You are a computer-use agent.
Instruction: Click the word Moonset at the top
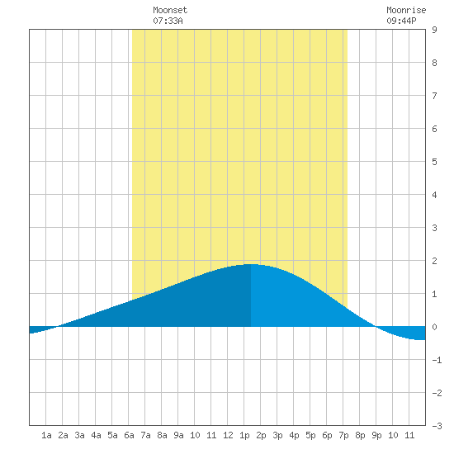pyautogui.click(x=170, y=10)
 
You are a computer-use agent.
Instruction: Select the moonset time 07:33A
pyautogui.click(x=168, y=21)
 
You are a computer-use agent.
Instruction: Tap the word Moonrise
pyautogui.click(x=406, y=10)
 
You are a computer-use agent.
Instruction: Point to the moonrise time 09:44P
pyautogui.click(x=402, y=21)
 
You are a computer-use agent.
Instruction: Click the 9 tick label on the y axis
pyautogui.click(x=434, y=30)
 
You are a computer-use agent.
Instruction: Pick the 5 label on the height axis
pyautogui.click(x=434, y=162)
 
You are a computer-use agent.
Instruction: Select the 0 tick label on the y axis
pyautogui.click(x=434, y=327)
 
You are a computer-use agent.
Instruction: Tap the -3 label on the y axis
pyautogui.click(x=437, y=426)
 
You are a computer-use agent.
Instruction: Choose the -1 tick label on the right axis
pyautogui.click(x=437, y=360)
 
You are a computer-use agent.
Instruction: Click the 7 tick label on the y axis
pyautogui.click(x=434, y=96)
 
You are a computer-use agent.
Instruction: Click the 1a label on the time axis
pyautogui.click(x=46, y=435)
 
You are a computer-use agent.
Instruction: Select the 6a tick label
pyautogui.click(x=129, y=435)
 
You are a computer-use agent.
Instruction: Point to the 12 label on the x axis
pyautogui.click(x=228, y=435)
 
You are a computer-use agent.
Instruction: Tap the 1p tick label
pyautogui.click(x=244, y=435)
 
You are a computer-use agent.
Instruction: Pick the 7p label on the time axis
pyautogui.click(x=343, y=435)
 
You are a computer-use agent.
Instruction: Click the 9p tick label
pyautogui.click(x=376, y=435)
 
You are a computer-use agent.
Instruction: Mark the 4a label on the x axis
pyautogui.click(x=96, y=435)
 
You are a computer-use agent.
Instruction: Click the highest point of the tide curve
pyautogui.click(x=251, y=264)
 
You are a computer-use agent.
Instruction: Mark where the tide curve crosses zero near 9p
pyautogui.click(x=376, y=326)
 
